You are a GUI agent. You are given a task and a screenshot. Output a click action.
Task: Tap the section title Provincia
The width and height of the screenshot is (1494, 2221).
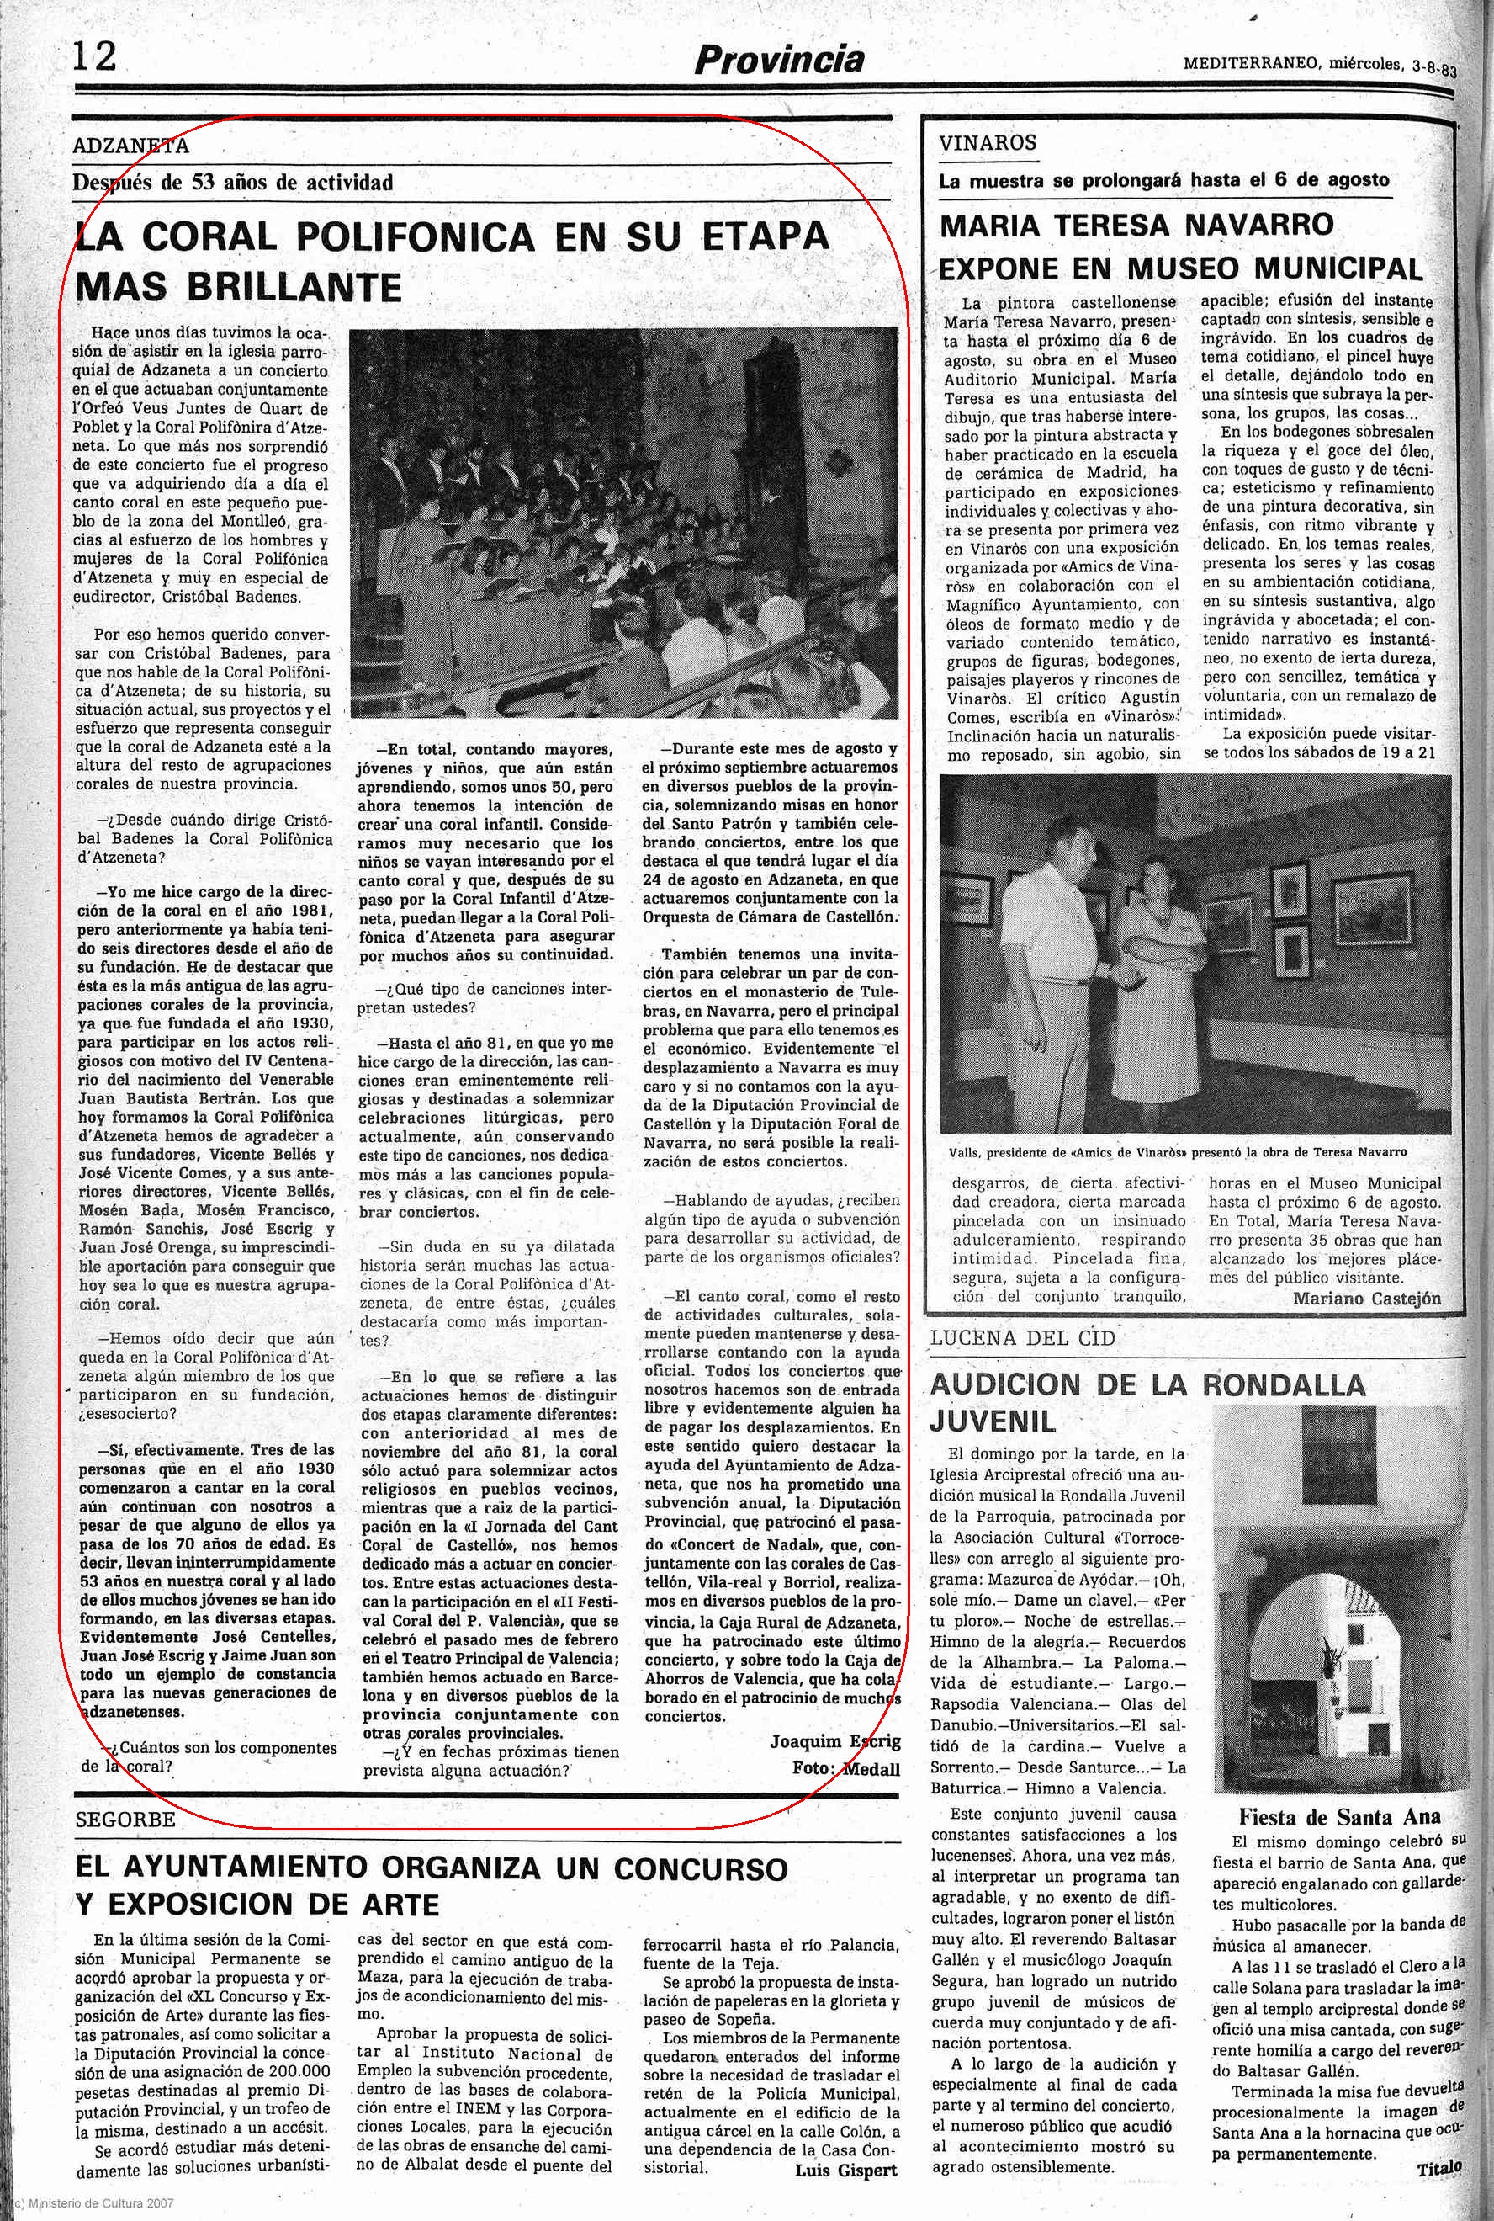[x=778, y=60]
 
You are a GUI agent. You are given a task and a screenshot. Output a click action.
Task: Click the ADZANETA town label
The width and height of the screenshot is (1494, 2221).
[x=130, y=146]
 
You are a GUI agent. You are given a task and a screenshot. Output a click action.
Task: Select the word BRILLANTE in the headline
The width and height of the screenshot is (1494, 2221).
[x=238, y=286]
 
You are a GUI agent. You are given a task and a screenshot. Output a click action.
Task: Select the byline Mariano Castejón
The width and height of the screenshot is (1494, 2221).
[x=1366, y=1299]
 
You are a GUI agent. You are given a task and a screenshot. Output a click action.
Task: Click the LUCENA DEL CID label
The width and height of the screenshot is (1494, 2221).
[x=1022, y=1337]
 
